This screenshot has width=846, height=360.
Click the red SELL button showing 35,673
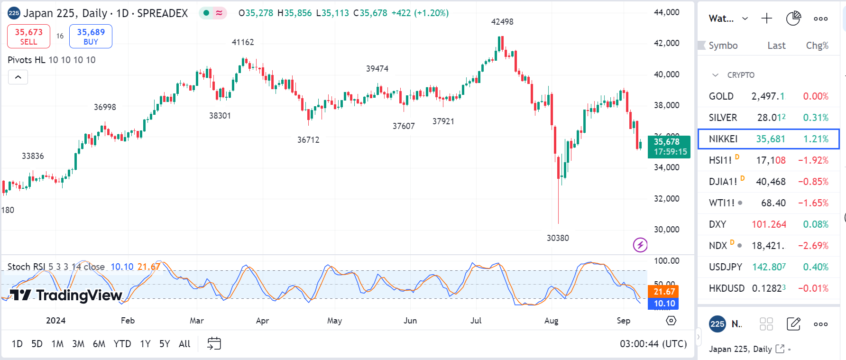click(x=28, y=37)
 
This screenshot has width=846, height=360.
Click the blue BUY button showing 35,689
click(x=91, y=37)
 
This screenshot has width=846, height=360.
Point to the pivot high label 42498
click(x=502, y=22)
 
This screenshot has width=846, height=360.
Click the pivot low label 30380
click(x=558, y=238)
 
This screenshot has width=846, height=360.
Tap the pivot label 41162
click(x=243, y=42)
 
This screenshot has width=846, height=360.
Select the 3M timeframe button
click(x=78, y=344)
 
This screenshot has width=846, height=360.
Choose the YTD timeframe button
click(x=122, y=344)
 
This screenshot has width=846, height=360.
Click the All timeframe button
click(x=184, y=344)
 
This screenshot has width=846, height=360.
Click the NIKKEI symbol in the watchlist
click(x=723, y=139)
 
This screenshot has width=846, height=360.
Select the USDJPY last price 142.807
click(x=769, y=267)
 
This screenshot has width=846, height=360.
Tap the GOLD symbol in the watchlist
click(x=721, y=96)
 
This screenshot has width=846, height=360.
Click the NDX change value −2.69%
click(x=813, y=246)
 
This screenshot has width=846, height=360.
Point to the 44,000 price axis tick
click(x=666, y=12)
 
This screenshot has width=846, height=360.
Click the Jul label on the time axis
click(x=476, y=321)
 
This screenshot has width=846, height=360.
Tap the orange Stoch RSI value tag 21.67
click(x=663, y=292)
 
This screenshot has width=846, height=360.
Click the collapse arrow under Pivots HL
click(x=18, y=77)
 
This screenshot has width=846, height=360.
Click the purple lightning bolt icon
click(x=640, y=245)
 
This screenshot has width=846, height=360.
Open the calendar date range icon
click(x=214, y=343)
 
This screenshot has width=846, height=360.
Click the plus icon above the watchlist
click(x=766, y=18)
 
